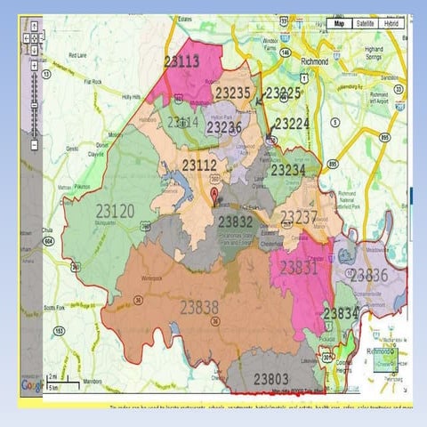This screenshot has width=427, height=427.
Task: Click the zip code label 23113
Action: [181, 61]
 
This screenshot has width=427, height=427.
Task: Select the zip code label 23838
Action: [199, 307]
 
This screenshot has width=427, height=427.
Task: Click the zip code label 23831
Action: [298, 267]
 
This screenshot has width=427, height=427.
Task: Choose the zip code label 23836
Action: [368, 276]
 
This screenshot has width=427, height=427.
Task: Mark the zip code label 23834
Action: [341, 314]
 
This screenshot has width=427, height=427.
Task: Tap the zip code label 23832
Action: [236, 222]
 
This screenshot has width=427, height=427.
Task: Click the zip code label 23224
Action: [291, 124]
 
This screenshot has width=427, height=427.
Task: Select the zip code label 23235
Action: [233, 93]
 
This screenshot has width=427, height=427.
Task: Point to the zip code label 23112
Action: [199, 165]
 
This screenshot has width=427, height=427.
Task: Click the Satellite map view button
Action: [365, 24]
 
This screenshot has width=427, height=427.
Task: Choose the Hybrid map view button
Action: [391, 24]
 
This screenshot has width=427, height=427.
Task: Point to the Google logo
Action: [32, 386]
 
